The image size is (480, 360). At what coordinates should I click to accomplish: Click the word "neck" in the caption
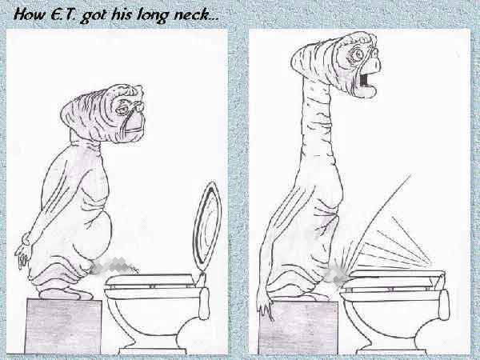(192, 15)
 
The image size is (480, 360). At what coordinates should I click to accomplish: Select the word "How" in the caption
(30, 14)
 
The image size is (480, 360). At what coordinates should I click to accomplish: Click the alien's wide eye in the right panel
(357, 55)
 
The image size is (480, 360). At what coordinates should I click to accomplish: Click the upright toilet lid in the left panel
(207, 226)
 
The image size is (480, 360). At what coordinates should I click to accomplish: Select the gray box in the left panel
(63, 326)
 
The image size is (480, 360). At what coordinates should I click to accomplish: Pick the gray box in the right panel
(298, 327)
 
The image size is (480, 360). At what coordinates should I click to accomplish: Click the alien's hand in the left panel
(23, 254)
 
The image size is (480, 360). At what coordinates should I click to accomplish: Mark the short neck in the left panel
(85, 138)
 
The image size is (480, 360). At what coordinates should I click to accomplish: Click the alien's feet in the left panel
(65, 294)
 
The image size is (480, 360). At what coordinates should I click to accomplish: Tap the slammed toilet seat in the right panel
(395, 274)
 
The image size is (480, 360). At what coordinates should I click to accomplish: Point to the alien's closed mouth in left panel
(133, 130)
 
